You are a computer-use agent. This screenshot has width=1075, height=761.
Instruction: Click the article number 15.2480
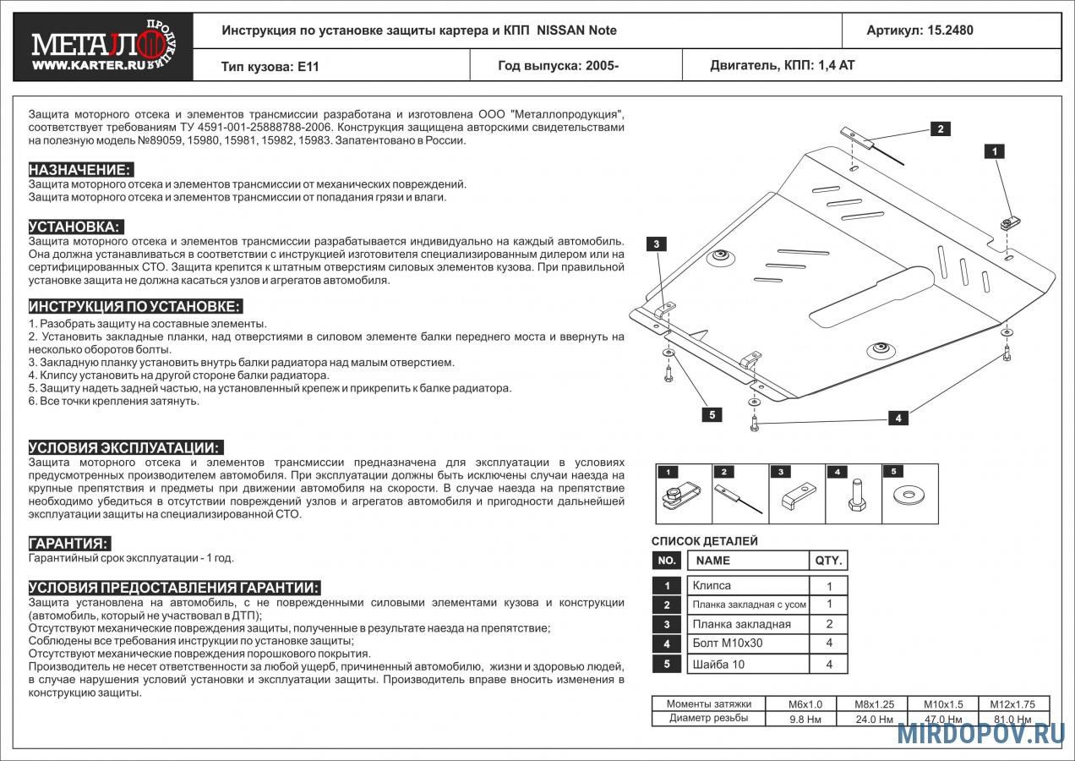point(950,30)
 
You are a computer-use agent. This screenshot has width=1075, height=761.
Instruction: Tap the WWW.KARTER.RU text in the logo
point(89,66)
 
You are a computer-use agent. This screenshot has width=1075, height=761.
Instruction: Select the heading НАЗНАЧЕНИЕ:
point(80,169)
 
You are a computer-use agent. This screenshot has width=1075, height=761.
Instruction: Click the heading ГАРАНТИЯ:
point(69,544)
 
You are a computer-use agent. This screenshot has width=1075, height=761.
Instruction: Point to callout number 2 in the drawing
point(940,129)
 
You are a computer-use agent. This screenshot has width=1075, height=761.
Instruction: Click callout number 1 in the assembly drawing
point(995,151)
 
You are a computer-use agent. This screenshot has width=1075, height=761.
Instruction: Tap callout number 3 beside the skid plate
point(657,244)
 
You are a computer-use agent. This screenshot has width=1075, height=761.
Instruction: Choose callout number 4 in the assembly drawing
point(898,419)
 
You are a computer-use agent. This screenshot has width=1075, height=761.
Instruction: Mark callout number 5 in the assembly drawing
point(712,415)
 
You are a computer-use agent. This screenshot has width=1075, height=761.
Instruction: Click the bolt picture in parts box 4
point(857,495)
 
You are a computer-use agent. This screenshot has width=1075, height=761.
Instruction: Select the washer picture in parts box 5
point(910,495)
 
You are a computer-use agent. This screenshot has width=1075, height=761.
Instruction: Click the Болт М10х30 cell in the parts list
point(748,643)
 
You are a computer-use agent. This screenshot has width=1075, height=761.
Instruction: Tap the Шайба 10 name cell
point(748,664)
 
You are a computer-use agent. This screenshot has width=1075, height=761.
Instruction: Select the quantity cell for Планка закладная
point(829,624)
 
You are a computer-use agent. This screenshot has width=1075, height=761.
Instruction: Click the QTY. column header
point(829,561)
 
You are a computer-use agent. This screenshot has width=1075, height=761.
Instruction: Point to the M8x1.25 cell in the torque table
point(874,704)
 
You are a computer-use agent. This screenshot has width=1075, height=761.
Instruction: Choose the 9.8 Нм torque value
point(805,720)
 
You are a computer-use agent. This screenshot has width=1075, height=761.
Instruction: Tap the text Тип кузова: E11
point(270,66)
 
